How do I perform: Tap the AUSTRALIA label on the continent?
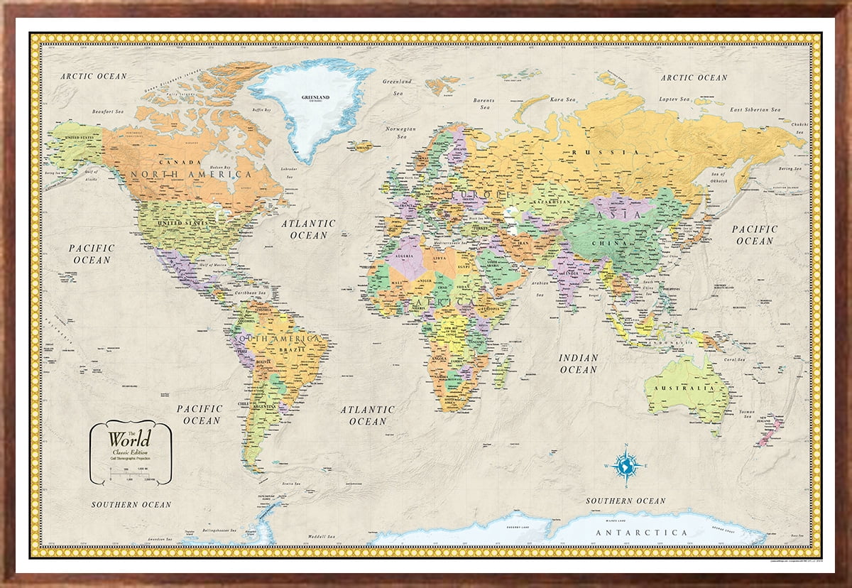(687, 388)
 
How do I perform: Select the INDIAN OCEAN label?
(578, 364)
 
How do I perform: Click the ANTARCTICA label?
(642, 532)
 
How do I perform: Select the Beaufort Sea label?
(108, 111)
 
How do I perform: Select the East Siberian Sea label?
(756, 109)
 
